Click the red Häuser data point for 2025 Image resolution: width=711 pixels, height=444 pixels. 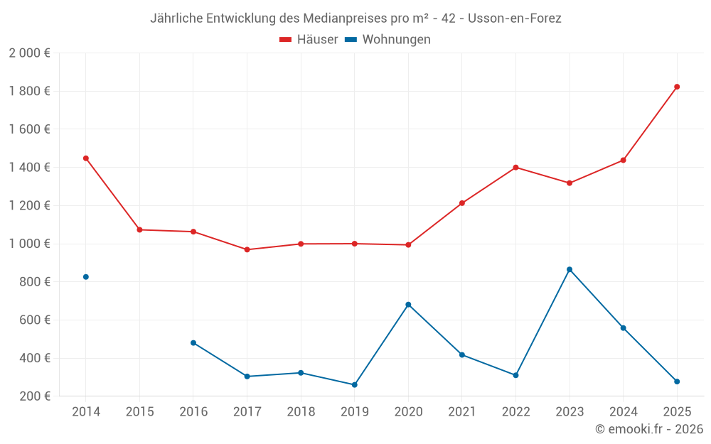(677, 87)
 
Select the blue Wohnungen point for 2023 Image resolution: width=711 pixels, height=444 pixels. (570, 269)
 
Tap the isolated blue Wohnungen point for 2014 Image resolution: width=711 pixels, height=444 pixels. (86, 277)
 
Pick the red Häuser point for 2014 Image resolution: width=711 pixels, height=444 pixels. (86, 158)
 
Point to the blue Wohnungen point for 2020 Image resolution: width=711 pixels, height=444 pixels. (408, 305)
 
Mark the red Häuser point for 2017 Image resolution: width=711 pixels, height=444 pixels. (247, 249)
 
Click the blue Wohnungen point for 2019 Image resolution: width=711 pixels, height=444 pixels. (355, 385)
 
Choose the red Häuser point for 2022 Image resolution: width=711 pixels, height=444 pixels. (515, 168)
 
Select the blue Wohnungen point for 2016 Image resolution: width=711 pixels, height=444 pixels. (193, 342)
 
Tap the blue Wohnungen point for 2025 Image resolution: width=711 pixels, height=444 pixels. (677, 381)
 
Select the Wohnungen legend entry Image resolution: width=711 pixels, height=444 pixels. (388, 40)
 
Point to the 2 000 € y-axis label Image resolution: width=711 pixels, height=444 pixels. (29, 53)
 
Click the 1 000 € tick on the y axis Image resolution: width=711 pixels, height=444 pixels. (29, 244)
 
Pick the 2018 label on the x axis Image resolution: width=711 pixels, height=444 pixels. (301, 412)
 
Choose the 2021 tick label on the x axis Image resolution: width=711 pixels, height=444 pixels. (462, 412)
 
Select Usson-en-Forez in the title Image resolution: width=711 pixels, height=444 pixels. (515, 18)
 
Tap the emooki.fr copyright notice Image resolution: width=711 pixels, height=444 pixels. (649, 429)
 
